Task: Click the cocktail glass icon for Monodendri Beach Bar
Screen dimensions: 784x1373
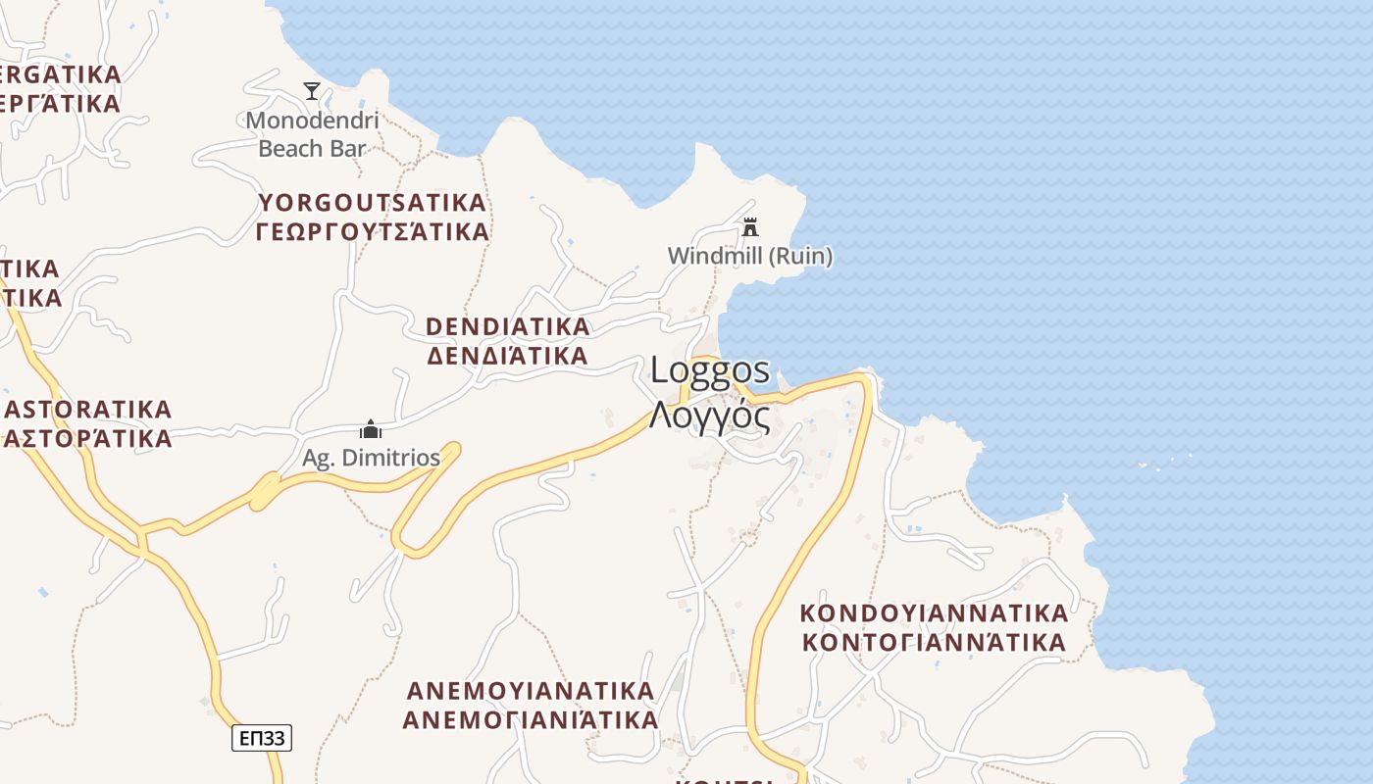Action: [312, 91]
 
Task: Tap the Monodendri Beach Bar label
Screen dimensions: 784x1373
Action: [312, 135]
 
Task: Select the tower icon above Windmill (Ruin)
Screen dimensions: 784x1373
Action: [750, 227]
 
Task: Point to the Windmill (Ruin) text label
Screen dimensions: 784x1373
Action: [750, 257]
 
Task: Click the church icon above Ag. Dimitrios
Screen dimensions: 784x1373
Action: [371, 429]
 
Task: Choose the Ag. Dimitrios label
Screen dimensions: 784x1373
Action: [371, 458]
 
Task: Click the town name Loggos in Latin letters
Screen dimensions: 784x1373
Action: [711, 370]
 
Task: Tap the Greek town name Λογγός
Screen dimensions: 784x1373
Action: [709, 416]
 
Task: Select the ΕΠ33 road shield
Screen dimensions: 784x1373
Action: [262, 738]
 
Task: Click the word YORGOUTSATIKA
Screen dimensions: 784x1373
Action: [373, 203]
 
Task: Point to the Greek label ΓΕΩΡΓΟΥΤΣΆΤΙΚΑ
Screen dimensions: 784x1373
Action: [373, 232]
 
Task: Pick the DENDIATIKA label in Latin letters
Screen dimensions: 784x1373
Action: [508, 325]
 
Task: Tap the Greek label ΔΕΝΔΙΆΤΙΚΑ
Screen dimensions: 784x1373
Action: [508, 355]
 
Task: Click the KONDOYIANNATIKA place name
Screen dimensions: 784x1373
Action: [934, 613]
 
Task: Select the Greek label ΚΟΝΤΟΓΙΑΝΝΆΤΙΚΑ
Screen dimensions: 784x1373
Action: [934, 643]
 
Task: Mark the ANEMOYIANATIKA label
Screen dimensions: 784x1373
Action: [531, 691]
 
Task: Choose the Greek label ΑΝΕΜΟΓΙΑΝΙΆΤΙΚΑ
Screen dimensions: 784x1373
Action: [531, 720]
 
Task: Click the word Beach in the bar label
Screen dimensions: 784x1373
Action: [289, 149]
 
